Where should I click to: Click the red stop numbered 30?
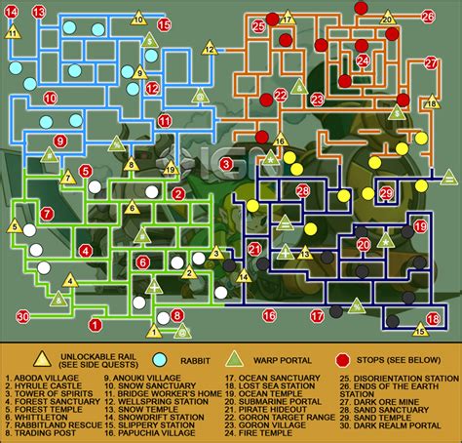[x=21, y=315]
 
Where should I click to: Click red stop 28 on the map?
[x=303, y=190]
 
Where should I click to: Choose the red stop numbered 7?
[x=47, y=214]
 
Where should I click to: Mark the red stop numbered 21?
[x=254, y=249]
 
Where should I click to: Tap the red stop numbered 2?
[x=179, y=193]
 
